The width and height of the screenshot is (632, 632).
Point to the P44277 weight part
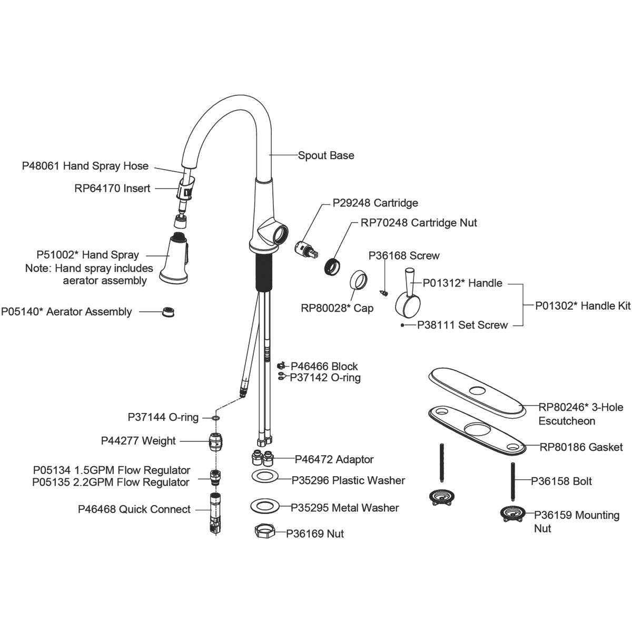(x=215, y=441)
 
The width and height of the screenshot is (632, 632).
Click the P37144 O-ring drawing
(x=215, y=418)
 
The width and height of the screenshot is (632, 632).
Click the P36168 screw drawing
(x=385, y=290)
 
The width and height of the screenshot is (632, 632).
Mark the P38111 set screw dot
(x=402, y=325)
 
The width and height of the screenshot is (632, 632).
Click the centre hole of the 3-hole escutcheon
(x=477, y=391)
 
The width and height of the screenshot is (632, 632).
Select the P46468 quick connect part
(x=215, y=513)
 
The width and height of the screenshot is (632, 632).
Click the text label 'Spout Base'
(x=326, y=155)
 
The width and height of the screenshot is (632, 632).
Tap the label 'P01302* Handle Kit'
(x=582, y=305)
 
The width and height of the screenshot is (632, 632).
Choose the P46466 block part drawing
(x=281, y=366)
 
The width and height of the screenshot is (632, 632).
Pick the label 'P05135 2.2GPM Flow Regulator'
(x=111, y=482)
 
